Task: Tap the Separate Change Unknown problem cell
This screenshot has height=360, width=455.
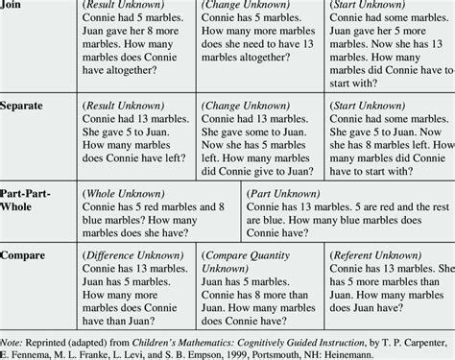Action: (260, 133)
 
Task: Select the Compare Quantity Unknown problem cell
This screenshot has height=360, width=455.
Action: (260, 287)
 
